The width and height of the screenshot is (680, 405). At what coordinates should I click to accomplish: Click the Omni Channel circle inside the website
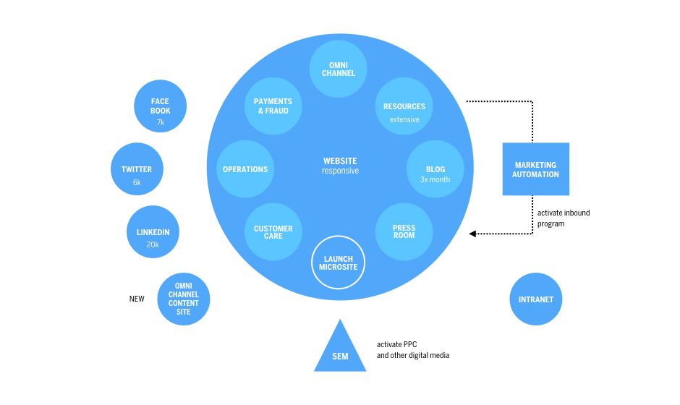click(x=338, y=69)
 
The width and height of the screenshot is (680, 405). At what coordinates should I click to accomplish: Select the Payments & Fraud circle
click(x=272, y=106)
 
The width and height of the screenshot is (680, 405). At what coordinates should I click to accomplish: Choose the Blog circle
click(x=435, y=169)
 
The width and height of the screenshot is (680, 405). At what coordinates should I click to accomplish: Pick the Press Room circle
click(x=404, y=231)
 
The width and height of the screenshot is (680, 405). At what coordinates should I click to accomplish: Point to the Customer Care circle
click(x=273, y=232)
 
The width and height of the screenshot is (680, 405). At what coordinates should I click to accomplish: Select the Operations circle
click(x=245, y=169)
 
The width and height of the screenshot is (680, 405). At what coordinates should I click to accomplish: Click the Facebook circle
click(x=161, y=106)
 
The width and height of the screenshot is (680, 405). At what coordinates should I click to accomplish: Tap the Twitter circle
click(x=137, y=169)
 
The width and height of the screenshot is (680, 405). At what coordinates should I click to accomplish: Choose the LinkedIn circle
click(x=153, y=232)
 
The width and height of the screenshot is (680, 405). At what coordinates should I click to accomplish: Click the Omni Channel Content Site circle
click(x=183, y=299)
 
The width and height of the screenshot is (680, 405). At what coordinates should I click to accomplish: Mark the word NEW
click(x=137, y=299)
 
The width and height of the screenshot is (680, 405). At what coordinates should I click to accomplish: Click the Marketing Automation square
click(x=536, y=169)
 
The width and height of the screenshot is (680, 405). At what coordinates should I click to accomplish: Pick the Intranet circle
click(x=536, y=299)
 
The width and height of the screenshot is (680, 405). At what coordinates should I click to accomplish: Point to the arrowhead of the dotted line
click(x=472, y=234)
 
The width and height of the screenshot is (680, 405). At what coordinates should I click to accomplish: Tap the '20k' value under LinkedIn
click(x=153, y=244)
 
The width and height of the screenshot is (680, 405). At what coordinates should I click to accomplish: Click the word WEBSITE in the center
click(x=340, y=161)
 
